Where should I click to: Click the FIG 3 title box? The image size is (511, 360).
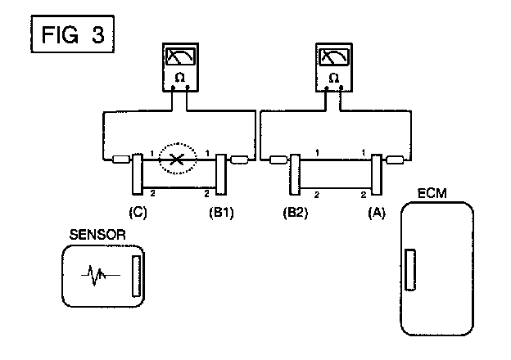point(72,34)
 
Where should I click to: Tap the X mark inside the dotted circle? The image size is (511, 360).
point(177,160)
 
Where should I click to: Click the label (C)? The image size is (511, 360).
point(138,213)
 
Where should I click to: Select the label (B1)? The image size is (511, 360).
point(221,213)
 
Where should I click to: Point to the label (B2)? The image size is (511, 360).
point(296,213)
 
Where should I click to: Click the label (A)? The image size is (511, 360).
point(377,213)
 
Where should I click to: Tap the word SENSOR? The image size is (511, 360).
point(97,235)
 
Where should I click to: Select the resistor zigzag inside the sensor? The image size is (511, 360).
point(101,276)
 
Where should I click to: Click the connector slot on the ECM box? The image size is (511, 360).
point(410,269)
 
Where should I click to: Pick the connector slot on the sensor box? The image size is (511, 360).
point(137,276)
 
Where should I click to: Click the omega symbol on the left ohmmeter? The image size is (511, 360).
point(179,78)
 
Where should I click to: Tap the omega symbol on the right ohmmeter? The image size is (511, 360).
point(334,78)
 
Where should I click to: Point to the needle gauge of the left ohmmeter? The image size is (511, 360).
point(180,56)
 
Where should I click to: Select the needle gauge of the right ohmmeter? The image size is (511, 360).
point(334,56)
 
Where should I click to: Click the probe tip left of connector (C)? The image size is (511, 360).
point(121,160)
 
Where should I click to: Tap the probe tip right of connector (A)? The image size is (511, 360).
point(395,160)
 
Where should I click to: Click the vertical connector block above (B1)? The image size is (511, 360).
point(221,174)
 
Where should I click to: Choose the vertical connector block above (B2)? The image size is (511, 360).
point(295,174)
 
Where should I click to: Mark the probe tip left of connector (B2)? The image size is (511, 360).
point(278,160)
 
